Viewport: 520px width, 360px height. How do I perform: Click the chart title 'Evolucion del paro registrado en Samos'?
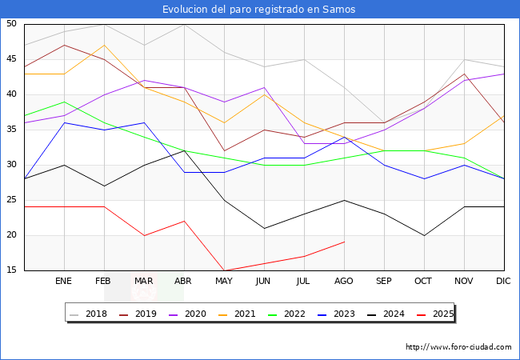coord(259,10)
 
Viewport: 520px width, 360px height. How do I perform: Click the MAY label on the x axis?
coord(224,282)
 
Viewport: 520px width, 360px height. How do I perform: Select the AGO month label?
coord(344,282)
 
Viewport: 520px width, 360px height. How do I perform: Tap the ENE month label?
coord(64,282)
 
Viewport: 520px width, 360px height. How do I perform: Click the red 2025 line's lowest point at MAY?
coord(224,270)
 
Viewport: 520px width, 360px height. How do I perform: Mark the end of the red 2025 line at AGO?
coord(344,242)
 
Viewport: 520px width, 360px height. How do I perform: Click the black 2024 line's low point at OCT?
coord(424,235)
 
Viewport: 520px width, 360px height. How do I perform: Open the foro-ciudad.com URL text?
coord(458,347)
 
